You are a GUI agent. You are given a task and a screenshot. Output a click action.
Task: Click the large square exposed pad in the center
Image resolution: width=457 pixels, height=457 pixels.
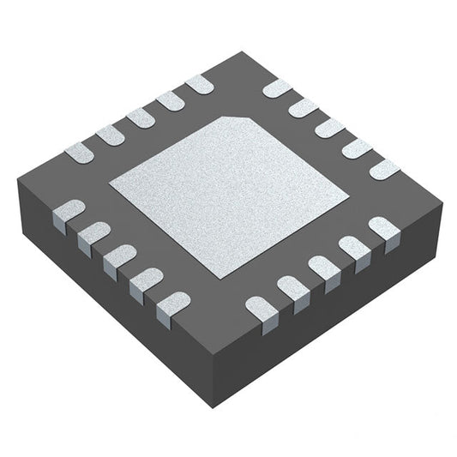pyautogui.click(x=229, y=195)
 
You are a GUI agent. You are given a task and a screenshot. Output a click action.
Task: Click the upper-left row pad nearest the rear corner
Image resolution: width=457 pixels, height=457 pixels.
pyautogui.click(x=199, y=84)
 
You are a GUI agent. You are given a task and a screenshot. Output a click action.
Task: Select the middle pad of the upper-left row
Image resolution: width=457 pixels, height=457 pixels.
pyautogui.click(x=140, y=118)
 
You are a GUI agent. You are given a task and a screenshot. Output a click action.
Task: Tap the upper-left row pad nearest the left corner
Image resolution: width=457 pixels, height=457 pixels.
pyautogui.click(x=80, y=153)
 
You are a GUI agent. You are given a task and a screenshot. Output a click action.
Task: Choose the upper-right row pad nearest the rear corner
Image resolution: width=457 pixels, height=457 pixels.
pyautogui.click(x=276, y=87)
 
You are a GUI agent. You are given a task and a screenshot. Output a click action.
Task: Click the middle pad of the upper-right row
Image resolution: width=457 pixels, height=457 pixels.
pyautogui.click(x=329, y=127)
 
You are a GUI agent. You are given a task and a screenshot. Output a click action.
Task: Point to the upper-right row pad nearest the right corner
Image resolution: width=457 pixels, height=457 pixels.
pyautogui.click(x=383, y=168)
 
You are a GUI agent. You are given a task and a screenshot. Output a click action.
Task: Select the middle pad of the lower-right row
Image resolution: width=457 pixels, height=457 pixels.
pyautogui.click(x=324, y=268)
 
